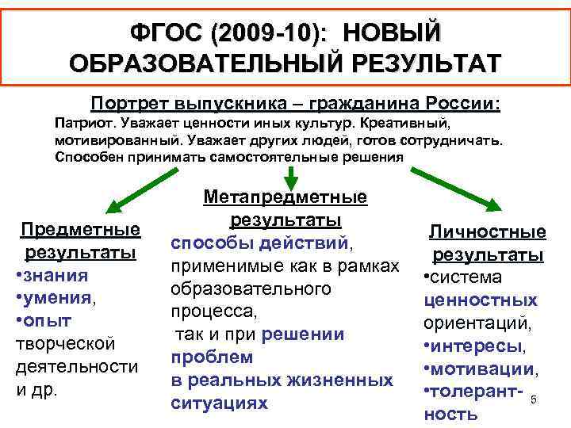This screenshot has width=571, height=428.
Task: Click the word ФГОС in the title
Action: point(165,34)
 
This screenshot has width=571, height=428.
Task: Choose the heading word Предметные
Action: point(80,230)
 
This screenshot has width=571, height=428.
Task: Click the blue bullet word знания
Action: point(56,275)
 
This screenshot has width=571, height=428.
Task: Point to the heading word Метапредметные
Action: point(285,196)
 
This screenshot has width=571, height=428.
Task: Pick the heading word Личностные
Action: point(487,231)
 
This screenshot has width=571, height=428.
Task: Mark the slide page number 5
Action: point(534,399)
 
